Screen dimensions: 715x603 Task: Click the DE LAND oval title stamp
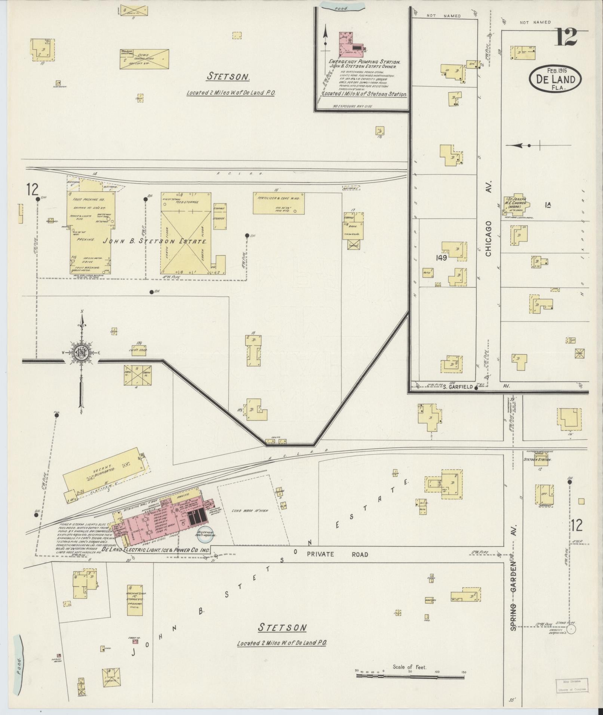pos(555,78)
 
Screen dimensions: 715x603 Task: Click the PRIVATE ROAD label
pos(337,554)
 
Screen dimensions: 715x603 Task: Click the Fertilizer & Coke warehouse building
pos(279,203)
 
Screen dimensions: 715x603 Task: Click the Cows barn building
pos(144,59)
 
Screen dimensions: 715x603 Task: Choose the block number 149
pos(441,258)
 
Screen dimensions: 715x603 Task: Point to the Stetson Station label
pos(538,459)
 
